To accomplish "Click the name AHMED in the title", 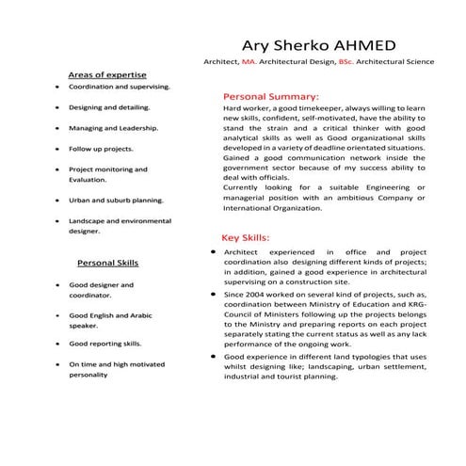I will pos(362,44).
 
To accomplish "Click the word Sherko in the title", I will pos(295,44).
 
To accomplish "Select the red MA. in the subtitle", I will pos(250,61).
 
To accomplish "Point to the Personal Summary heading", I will pos(270,96).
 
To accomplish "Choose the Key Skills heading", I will pos(246,238).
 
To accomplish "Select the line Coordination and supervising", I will pos(119,86).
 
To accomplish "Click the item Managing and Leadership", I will pos(113,128).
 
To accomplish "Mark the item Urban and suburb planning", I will pos(116,201).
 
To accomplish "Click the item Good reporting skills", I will pos(104,345).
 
